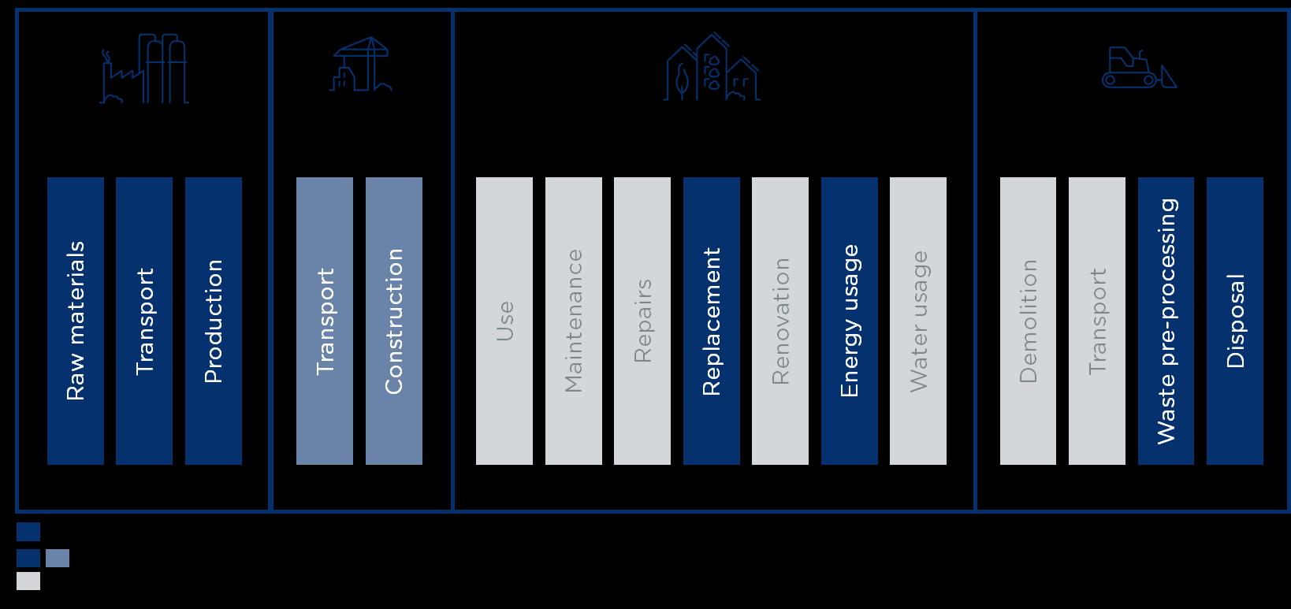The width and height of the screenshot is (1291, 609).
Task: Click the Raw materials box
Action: (x=76, y=321)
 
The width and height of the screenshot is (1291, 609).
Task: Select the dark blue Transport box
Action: (x=144, y=321)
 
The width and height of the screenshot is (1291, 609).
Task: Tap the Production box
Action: (x=214, y=321)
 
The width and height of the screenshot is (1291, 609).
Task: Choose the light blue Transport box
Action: (x=325, y=321)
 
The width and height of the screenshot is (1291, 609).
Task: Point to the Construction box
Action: (x=394, y=321)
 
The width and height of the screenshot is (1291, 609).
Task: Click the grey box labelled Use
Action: (x=504, y=321)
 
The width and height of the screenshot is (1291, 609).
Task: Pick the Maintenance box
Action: (x=574, y=321)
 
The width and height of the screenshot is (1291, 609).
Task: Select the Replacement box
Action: (x=712, y=321)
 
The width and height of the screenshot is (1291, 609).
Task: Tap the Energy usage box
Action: (x=850, y=321)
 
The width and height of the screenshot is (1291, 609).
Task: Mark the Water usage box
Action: (x=918, y=321)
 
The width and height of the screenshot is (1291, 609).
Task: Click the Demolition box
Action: (x=1029, y=321)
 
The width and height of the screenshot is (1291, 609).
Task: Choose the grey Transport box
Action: (x=1097, y=321)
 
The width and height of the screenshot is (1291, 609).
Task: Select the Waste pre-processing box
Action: (x=1166, y=321)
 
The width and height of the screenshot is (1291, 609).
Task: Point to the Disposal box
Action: (x=1235, y=321)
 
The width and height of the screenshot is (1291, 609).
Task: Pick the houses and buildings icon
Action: (x=712, y=68)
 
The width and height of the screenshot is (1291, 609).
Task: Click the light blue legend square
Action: (x=58, y=559)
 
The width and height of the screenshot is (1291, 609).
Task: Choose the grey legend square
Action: (x=28, y=581)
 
